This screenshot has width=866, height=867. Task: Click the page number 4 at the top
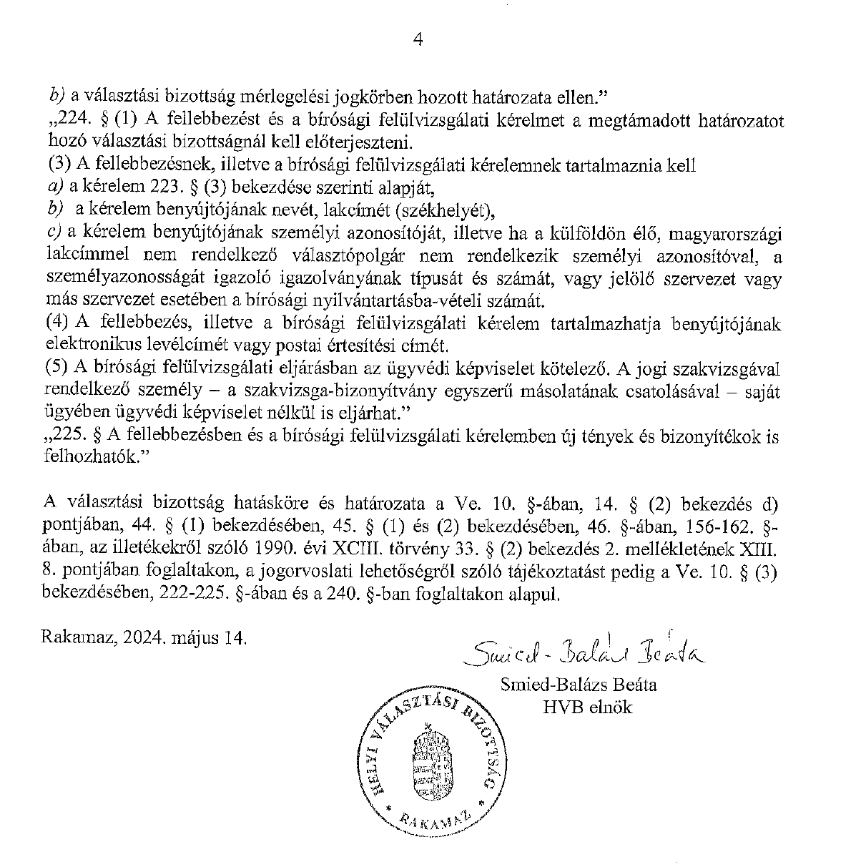418,40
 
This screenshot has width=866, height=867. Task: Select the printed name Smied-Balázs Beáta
578,685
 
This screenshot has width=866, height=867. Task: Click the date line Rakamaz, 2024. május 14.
144,635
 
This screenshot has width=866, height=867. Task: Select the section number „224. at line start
66,120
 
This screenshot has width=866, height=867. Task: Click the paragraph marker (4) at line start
57,324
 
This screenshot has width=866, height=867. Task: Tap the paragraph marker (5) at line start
57,369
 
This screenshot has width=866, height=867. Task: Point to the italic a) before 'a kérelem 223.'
56,188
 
